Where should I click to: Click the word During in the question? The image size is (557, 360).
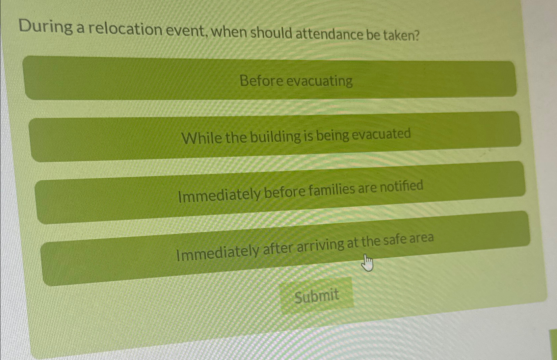point(45,26)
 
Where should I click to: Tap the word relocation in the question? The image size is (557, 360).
point(125,29)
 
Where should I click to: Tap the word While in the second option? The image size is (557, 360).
point(202,138)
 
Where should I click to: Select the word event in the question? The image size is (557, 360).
point(186,31)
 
